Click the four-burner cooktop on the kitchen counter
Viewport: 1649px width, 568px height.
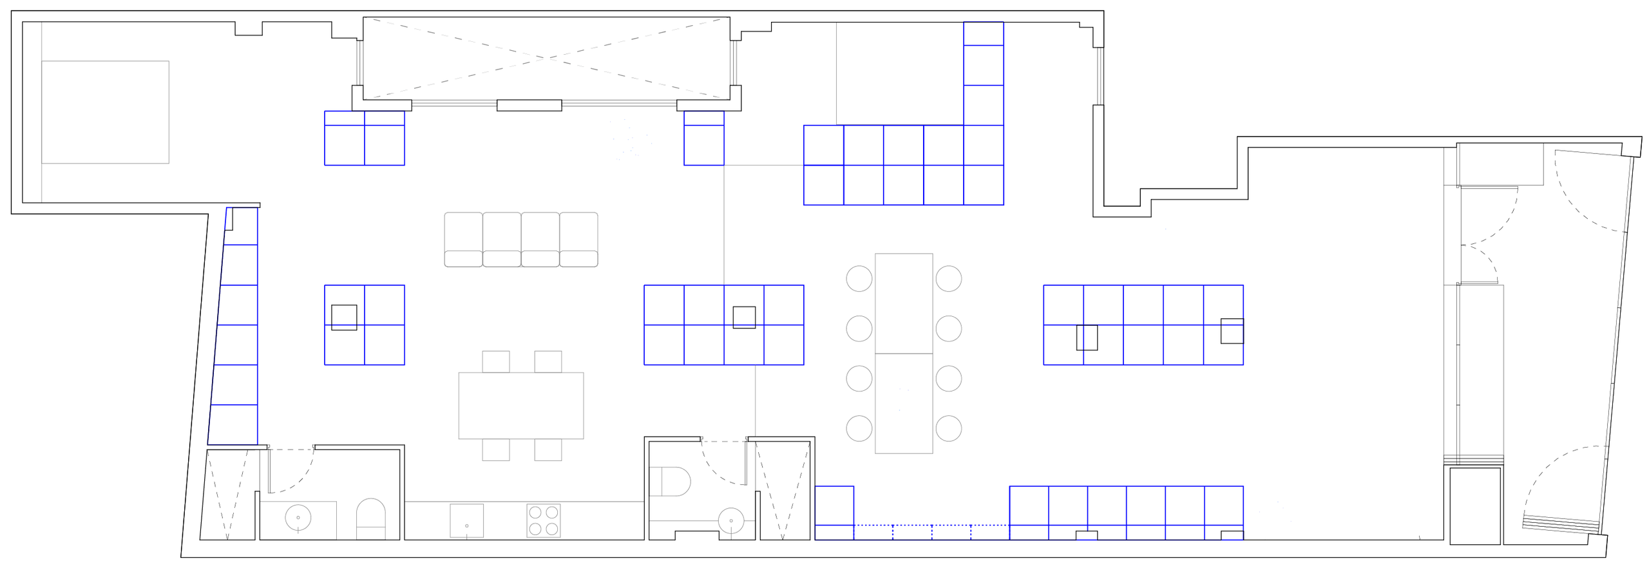point(544,520)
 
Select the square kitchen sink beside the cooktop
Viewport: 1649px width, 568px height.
point(466,520)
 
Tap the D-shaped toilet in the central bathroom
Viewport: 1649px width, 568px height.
point(671,483)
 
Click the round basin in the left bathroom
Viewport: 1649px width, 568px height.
point(298,517)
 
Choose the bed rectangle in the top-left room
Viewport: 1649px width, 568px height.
point(106,112)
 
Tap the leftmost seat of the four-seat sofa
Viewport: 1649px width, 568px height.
point(462,239)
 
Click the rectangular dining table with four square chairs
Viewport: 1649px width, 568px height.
point(521,405)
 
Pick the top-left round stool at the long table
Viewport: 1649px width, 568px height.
point(858,279)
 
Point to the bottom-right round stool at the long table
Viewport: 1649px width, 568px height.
point(948,428)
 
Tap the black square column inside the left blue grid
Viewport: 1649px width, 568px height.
point(344,317)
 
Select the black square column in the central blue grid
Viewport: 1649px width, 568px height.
point(744,317)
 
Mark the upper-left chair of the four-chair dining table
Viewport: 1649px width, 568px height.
point(496,360)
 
